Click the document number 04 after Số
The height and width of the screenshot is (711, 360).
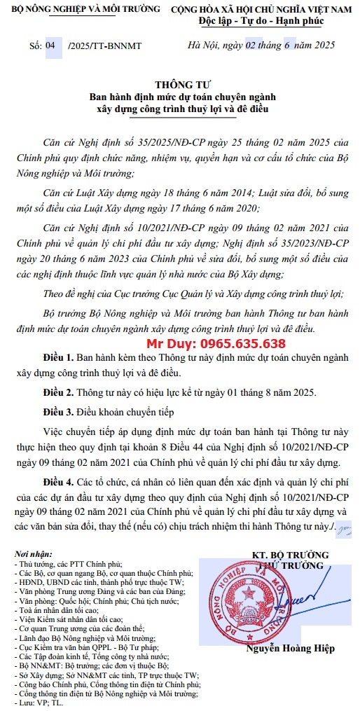[x=50, y=46]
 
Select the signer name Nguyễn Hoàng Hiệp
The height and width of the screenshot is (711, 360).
[x=290, y=648]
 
